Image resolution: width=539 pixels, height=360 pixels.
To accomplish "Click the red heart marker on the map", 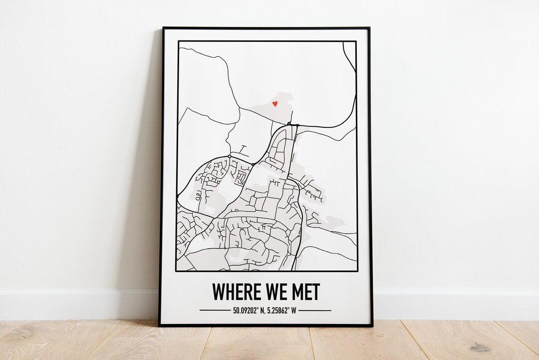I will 274,104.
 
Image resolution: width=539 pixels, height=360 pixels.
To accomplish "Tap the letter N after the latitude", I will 261,310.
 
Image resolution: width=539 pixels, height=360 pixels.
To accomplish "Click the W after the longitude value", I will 294,310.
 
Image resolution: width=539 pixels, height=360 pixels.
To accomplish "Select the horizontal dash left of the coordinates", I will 215,310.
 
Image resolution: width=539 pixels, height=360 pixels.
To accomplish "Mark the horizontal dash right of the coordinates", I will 315,310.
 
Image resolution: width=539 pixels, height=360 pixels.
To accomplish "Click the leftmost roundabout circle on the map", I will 229,156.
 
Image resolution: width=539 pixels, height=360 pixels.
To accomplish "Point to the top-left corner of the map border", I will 178,41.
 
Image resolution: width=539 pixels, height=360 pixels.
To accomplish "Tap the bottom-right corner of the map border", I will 356,271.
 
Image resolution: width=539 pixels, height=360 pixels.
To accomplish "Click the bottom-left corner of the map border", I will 177,271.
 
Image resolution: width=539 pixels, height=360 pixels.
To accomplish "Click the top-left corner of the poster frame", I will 163,27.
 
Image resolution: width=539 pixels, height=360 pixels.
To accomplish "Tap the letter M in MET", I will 296,292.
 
